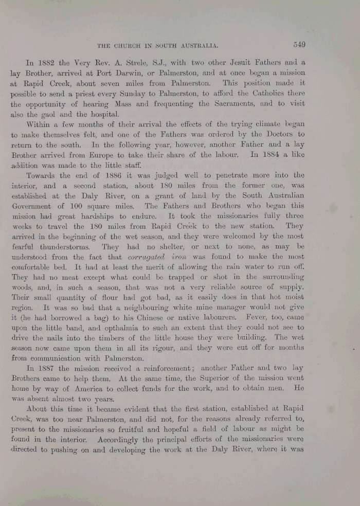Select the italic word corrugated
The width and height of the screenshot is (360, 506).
142,257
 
